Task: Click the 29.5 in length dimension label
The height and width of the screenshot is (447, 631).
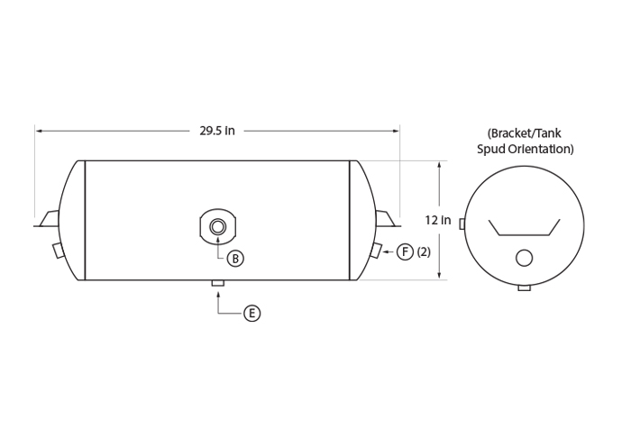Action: (x=217, y=131)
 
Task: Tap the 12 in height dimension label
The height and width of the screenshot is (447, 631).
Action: (x=438, y=220)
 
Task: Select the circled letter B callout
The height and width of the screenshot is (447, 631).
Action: (x=235, y=259)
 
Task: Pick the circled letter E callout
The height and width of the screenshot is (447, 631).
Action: (x=251, y=313)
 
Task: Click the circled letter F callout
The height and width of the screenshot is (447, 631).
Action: (x=406, y=251)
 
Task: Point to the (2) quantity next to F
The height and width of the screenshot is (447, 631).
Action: (x=424, y=251)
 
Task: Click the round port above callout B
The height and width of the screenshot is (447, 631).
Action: (x=218, y=227)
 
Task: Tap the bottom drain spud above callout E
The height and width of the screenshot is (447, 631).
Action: (x=218, y=283)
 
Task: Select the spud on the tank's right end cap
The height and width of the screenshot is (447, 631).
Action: (x=376, y=251)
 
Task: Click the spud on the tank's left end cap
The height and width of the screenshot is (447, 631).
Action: (x=59, y=251)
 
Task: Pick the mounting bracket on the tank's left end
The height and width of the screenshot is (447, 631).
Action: (x=47, y=219)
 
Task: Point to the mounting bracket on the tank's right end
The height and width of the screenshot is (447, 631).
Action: (x=388, y=219)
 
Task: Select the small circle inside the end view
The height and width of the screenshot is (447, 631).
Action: (x=524, y=258)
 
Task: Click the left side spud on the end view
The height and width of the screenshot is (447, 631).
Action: (x=462, y=224)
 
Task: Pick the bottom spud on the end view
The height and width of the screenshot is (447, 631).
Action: (x=525, y=288)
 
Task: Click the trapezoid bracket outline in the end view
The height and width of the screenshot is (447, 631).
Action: (x=525, y=235)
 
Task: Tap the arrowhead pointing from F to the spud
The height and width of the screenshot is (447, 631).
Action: (x=386, y=251)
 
